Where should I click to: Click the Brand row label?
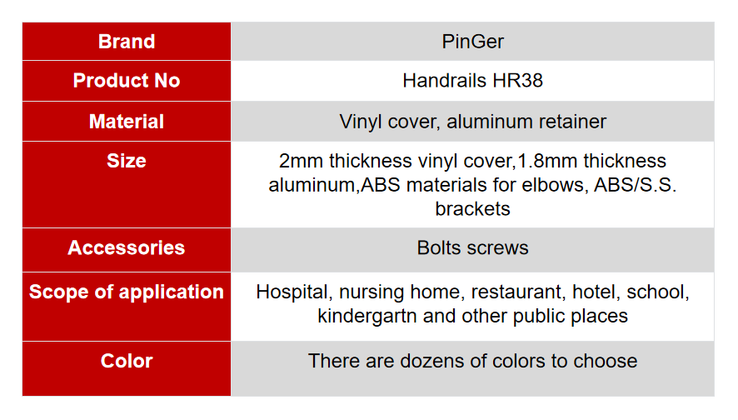click(x=127, y=42)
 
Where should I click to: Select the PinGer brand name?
click(x=472, y=42)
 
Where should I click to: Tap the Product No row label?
click(x=127, y=81)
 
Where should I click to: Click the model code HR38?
click(x=517, y=81)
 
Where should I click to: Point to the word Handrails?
click(x=445, y=81)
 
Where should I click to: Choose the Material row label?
click(x=127, y=122)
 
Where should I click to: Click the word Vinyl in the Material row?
click(x=360, y=122)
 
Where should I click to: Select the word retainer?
click(x=572, y=122)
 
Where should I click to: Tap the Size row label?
click(x=127, y=161)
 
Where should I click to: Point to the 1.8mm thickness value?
click(x=547, y=161)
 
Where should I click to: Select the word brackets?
click(x=472, y=208)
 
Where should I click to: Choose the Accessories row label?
click(x=127, y=247)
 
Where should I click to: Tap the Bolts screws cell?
click(x=472, y=247)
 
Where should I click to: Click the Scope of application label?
click(x=127, y=292)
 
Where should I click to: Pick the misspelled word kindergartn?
click(x=367, y=316)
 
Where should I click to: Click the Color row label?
click(x=127, y=361)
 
